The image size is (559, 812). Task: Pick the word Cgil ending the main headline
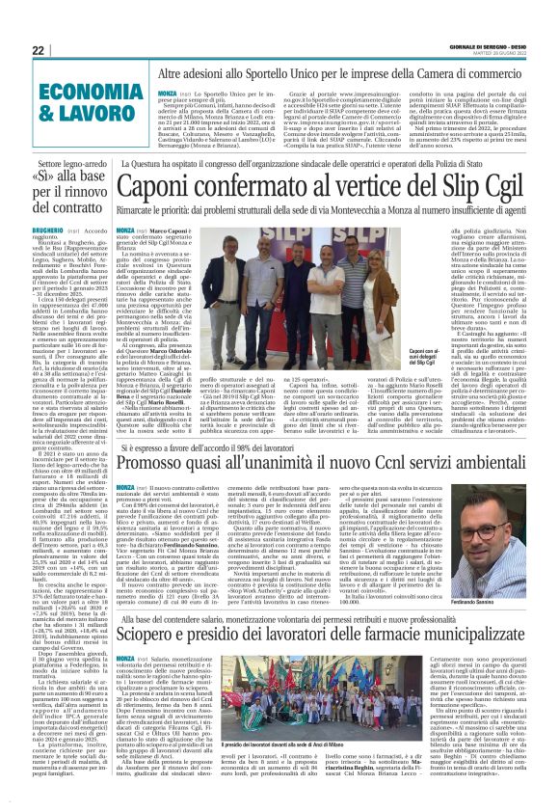(x=511, y=195)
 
